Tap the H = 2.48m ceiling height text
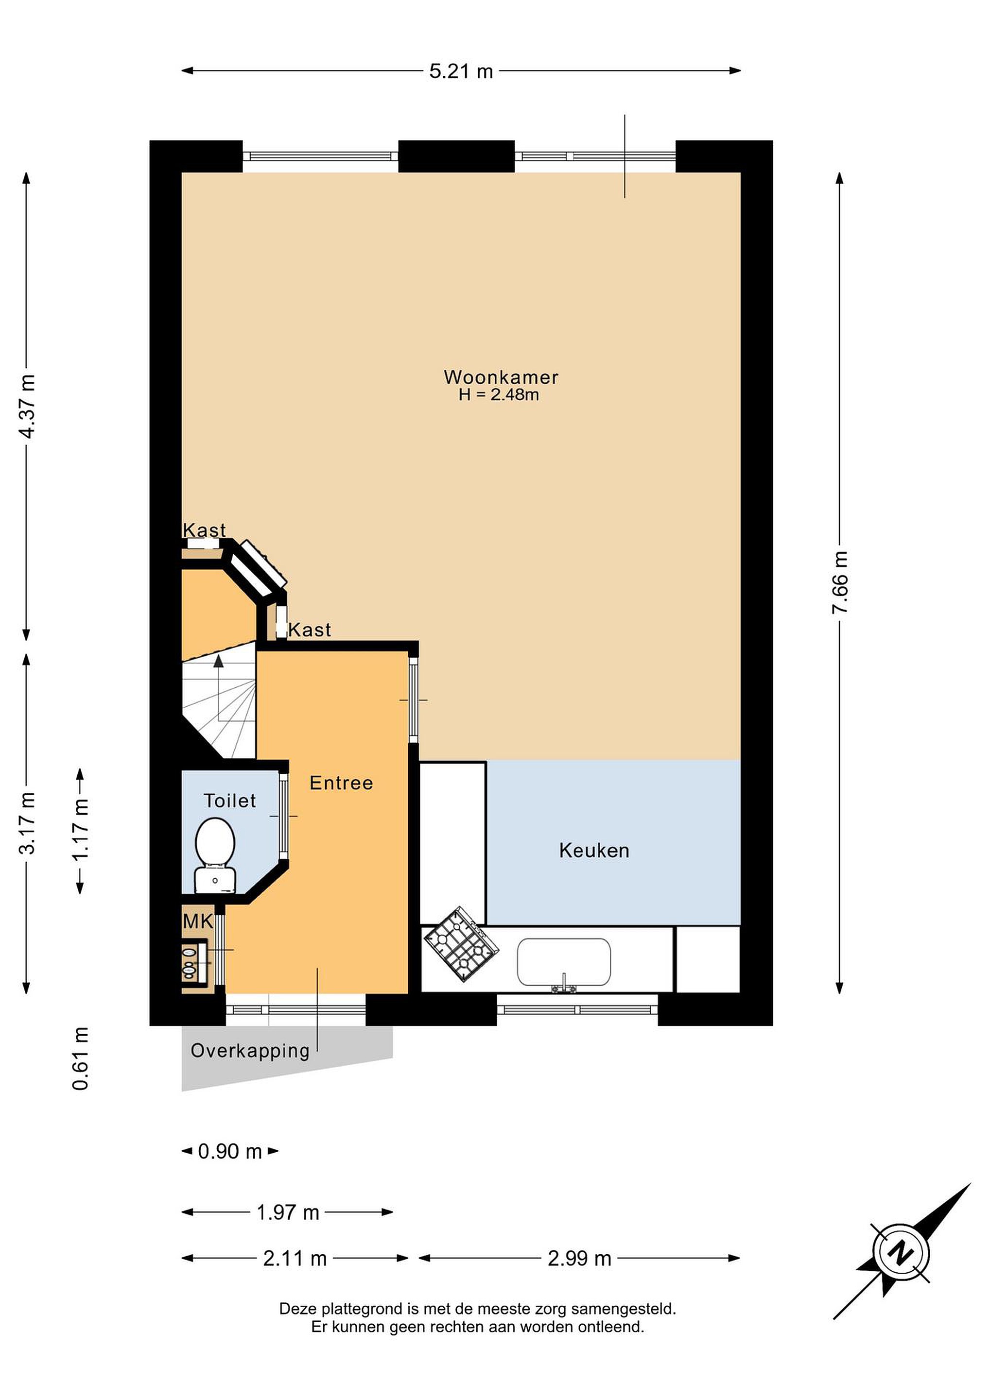coord(499,395)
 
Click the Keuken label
coord(594,851)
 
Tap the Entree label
coord(341,783)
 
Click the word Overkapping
coord(250,1051)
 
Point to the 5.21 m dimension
coord(461,71)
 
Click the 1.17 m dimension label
coord(81,831)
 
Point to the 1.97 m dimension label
coord(288,1212)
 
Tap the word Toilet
coord(230,801)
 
